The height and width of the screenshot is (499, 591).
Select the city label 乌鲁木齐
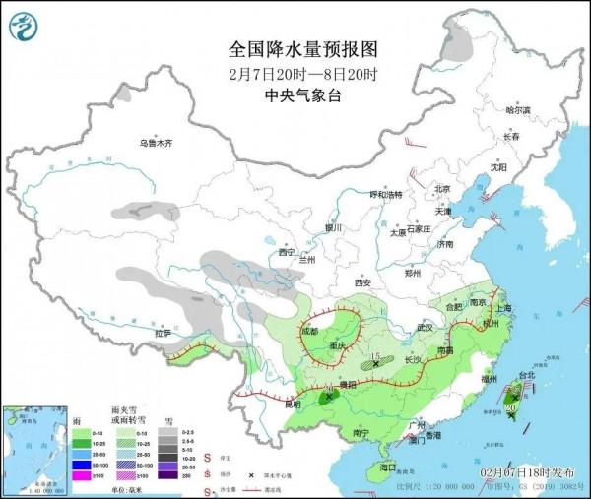click(x=155, y=144)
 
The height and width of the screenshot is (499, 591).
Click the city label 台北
click(x=526, y=375)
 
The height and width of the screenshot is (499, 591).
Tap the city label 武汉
click(x=426, y=327)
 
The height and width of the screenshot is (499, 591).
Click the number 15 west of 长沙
click(x=374, y=356)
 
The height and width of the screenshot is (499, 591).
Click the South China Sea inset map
click(x=32, y=448)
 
